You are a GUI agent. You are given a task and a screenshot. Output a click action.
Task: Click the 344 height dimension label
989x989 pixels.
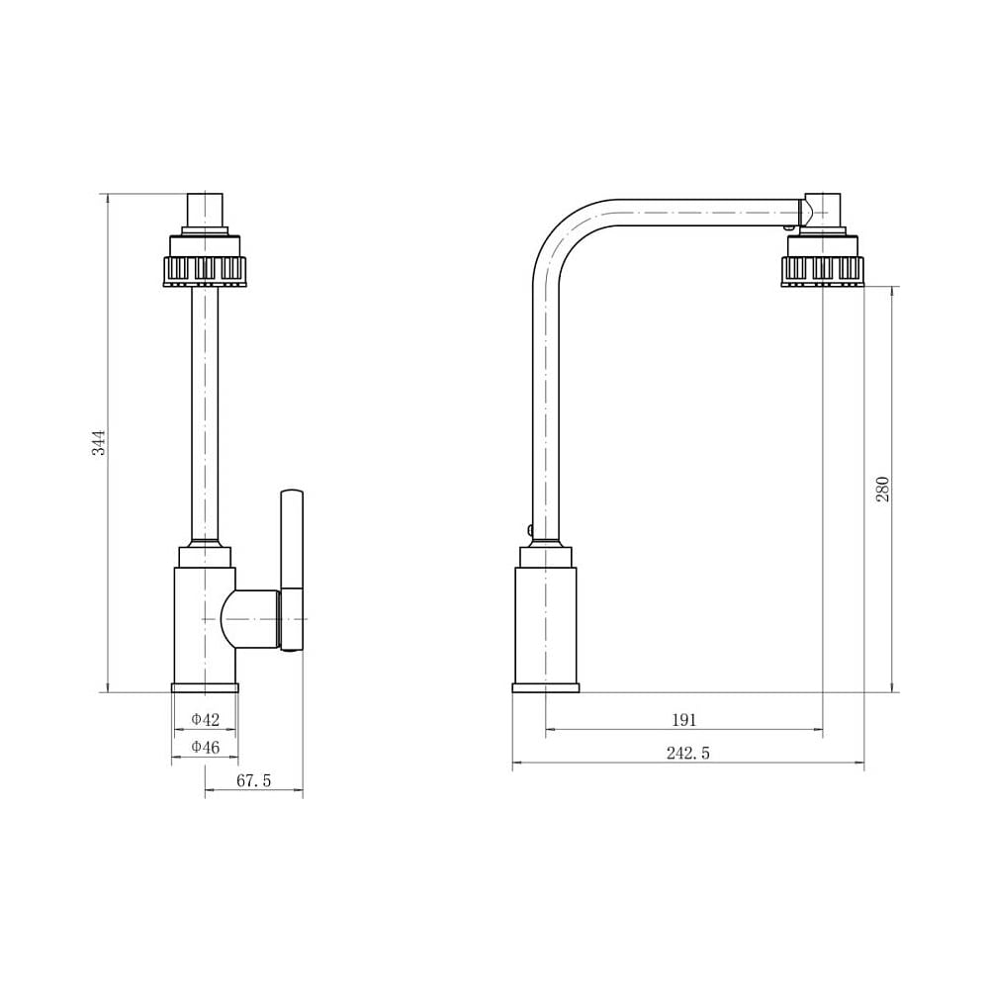click(100, 443)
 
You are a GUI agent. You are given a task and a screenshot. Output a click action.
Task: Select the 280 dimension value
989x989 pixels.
click(882, 489)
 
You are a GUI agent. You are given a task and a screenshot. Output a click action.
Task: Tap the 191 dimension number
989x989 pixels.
click(683, 720)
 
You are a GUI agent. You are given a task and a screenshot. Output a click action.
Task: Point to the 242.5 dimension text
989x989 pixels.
click(688, 753)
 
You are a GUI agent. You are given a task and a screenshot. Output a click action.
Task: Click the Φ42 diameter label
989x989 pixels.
click(206, 719)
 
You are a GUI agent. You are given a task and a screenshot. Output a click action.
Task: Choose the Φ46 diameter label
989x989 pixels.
click(206, 748)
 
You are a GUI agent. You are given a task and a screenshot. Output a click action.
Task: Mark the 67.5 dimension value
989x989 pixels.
click(253, 781)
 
